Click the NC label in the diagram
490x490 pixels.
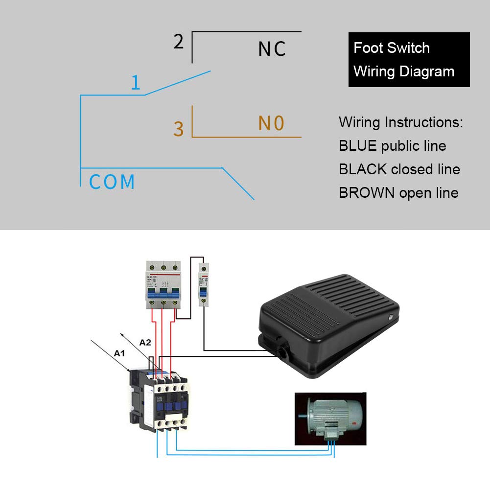(x=272, y=49)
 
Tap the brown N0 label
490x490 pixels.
(x=271, y=123)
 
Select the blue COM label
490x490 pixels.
(x=112, y=182)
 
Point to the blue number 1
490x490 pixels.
(x=136, y=83)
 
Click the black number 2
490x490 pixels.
(x=179, y=42)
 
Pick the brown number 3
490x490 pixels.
(x=179, y=129)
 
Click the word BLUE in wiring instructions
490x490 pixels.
(x=358, y=146)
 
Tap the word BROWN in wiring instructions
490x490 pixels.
(x=367, y=193)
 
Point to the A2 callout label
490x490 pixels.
(x=145, y=343)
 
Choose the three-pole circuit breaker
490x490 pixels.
(x=163, y=286)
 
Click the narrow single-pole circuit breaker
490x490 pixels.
(x=202, y=284)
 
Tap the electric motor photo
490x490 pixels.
(x=330, y=419)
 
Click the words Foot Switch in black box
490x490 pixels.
(x=392, y=48)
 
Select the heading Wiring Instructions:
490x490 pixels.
(x=401, y=122)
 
